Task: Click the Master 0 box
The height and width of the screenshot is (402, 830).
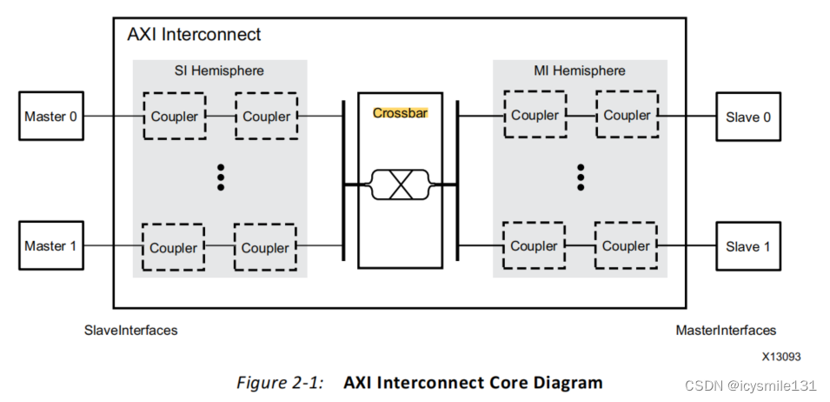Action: pos(51,117)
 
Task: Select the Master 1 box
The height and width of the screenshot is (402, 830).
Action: pos(51,246)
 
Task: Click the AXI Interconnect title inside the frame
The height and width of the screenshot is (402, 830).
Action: pos(194,36)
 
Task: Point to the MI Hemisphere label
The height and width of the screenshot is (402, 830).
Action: pos(581,70)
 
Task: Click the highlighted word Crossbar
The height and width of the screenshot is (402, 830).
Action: pos(401,113)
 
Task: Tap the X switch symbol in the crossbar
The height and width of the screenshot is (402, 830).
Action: pos(401,184)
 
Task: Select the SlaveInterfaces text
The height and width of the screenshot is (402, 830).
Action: pos(130,331)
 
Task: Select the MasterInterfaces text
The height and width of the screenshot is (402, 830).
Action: pos(726,331)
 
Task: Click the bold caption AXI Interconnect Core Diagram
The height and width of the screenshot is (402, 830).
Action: pos(473,383)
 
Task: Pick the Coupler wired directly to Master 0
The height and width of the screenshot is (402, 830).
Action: pos(174,116)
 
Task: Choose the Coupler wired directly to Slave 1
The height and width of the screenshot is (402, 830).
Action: pos(626,246)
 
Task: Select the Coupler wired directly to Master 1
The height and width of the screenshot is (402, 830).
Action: pos(173,247)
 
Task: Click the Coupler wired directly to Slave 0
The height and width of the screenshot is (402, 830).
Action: pos(627,115)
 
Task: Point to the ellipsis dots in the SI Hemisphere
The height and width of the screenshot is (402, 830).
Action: pos(221,177)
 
